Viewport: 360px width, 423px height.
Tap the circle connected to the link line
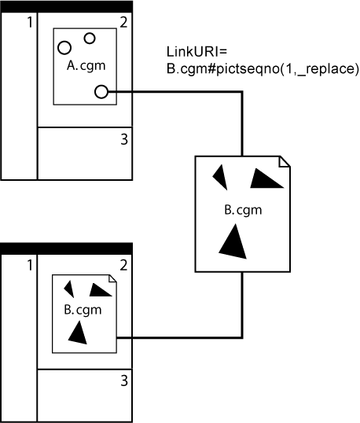coord(101,92)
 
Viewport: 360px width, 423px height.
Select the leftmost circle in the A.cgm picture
coord(65,48)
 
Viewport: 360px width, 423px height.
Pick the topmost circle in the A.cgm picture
coord(90,38)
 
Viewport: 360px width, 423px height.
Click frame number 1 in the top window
coord(29,22)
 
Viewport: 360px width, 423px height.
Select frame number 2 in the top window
coord(123,20)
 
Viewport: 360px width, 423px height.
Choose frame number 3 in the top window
coord(124,140)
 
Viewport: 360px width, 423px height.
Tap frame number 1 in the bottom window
coord(29,265)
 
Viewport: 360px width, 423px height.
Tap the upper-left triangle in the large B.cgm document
coord(222,176)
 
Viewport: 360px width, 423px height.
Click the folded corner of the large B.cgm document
coord(285,161)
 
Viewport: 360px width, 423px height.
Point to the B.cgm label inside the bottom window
coord(83,309)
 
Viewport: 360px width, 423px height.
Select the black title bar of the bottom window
coord(67,248)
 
